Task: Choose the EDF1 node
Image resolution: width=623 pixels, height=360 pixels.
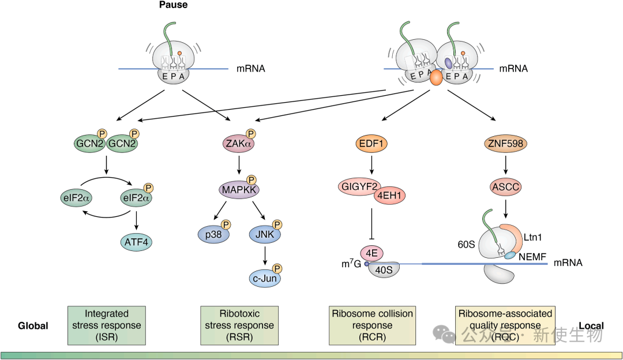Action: (372, 142)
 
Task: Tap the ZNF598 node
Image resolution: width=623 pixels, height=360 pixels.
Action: (505, 142)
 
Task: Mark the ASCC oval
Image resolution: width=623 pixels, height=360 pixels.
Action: (505, 187)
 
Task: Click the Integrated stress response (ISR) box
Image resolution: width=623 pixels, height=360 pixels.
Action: (106, 325)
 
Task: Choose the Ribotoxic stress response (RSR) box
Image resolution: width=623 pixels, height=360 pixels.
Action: (239, 325)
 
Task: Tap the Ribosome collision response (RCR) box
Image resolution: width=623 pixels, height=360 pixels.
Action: (372, 325)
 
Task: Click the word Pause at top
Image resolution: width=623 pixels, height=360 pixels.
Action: (174, 5)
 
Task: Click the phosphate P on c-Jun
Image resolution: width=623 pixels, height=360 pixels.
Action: (277, 268)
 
